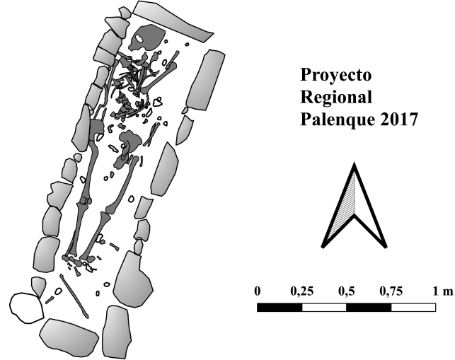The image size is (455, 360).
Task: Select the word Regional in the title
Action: [x=336, y=97]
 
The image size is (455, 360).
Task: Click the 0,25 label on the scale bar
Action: [x=301, y=291]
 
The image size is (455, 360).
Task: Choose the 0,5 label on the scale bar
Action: [x=347, y=291]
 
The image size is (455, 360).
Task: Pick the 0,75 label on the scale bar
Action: [x=391, y=291]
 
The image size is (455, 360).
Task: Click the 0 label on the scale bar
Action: [x=258, y=291]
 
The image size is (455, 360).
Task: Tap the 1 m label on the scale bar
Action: [x=443, y=291]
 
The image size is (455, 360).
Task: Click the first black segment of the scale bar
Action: [x=280, y=307]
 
